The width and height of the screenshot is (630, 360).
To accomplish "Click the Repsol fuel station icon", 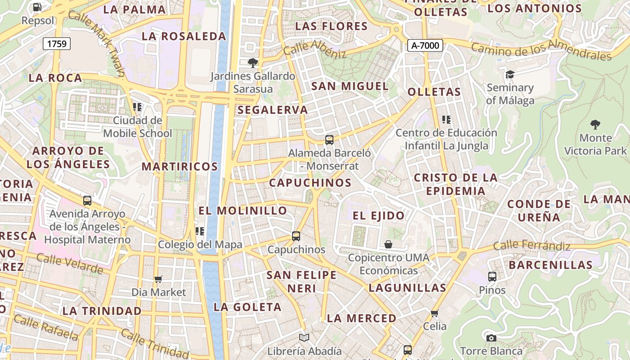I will (x=37, y=7).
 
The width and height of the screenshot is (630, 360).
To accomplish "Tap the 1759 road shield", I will (x=57, y=44).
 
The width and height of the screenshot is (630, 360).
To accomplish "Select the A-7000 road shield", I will (x=425, y=45).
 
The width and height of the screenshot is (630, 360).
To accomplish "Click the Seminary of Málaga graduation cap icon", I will (x=510, y=74).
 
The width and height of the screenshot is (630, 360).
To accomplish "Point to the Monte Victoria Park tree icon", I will (x=595, y=124).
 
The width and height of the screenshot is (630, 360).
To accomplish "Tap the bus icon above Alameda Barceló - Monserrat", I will (x=329, y=140).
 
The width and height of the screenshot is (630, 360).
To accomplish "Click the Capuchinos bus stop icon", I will (x=296, y=236).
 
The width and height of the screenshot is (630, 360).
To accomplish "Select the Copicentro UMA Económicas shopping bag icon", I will (x=388, y=244).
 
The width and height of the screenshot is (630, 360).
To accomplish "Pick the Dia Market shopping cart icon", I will (x=158, y=279).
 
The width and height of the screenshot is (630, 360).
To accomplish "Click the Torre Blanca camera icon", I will (x=491, y=337).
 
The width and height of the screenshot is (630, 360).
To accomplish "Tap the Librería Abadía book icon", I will (x=304, y=337).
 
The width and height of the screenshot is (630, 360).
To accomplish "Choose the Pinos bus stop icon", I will (x=492, y=277).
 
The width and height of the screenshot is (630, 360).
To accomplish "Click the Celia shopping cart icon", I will (x=434, y=313).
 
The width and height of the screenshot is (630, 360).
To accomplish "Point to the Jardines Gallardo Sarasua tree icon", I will (x=253, y=63).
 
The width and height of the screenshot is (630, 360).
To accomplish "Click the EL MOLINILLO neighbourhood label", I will (x=243, y=211).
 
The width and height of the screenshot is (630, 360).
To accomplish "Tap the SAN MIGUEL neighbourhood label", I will (x=350, y=86).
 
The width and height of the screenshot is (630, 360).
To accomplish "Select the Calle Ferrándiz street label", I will (x=532, y=246).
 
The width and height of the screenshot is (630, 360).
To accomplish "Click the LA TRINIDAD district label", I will (x=102, y=311).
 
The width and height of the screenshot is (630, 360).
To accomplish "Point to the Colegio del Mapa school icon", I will (x=200, y=231).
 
